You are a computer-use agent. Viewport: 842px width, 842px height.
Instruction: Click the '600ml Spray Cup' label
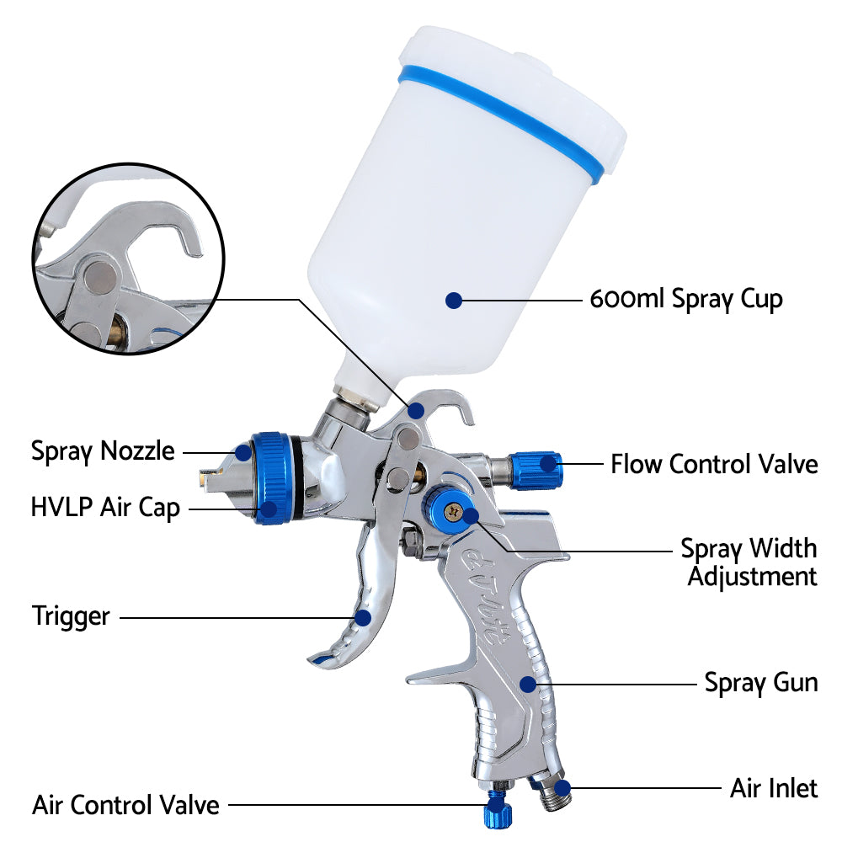[x=686, y=299]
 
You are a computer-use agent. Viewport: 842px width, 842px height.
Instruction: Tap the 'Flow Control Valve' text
[x=714, y=463]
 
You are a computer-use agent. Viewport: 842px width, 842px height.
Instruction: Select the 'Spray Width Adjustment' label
[x=749, y=562]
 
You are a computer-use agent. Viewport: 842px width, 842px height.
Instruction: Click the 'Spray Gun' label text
[x=760, y=681]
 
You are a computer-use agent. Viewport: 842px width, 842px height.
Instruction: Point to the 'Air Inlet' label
[x=773, y=788]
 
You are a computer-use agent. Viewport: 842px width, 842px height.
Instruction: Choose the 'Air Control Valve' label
[x=125, y=804]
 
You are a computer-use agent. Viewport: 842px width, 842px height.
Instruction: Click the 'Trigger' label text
[x=71, y=616]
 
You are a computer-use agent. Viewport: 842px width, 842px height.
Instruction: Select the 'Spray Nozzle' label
[x=103, y=450]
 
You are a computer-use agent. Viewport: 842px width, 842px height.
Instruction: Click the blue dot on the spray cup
[x=454, y=300]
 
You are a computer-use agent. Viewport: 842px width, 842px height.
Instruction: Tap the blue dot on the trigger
[x=363, y=617]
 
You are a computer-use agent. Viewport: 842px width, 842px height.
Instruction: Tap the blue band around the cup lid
[x=514, y=118]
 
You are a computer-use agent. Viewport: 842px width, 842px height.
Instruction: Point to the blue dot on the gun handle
[x=528, y=683]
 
